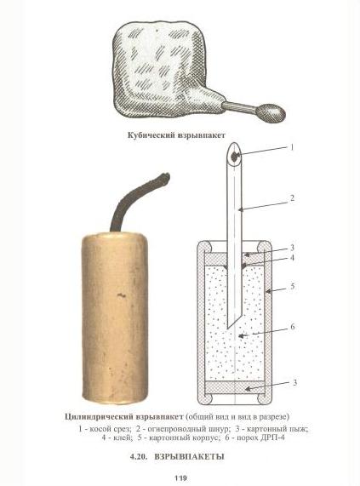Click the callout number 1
(291, 147)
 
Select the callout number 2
(292, 198)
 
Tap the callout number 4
(292, 258)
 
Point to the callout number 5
(292, 286)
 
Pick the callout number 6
(293, 327)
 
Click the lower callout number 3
(295, 382)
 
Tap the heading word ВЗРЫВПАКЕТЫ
(189, 457)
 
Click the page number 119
(180, 478)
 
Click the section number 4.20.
(138, 457)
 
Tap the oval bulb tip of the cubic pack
(271, 112)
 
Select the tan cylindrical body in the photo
(114, 318)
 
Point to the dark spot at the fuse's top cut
(235, 157)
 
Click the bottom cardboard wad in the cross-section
(235, 388)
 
